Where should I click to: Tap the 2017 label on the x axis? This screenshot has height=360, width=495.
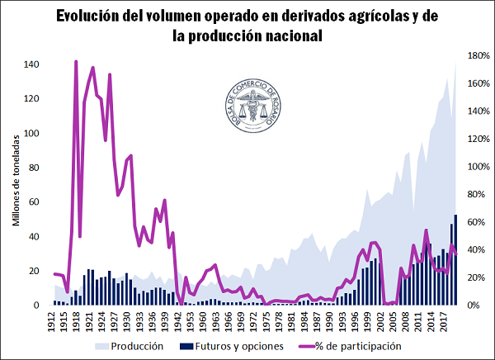[444, 321]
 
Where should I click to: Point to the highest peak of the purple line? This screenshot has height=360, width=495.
[76, 62]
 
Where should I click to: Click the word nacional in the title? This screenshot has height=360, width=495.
[288, 36]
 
